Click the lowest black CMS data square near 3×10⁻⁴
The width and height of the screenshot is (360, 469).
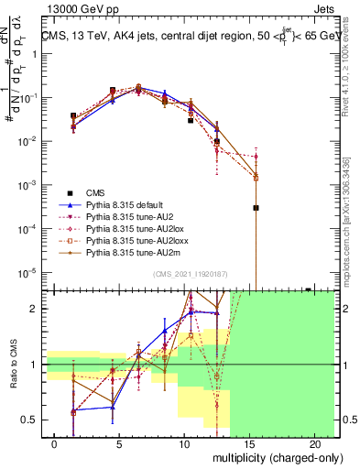point(256,208)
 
